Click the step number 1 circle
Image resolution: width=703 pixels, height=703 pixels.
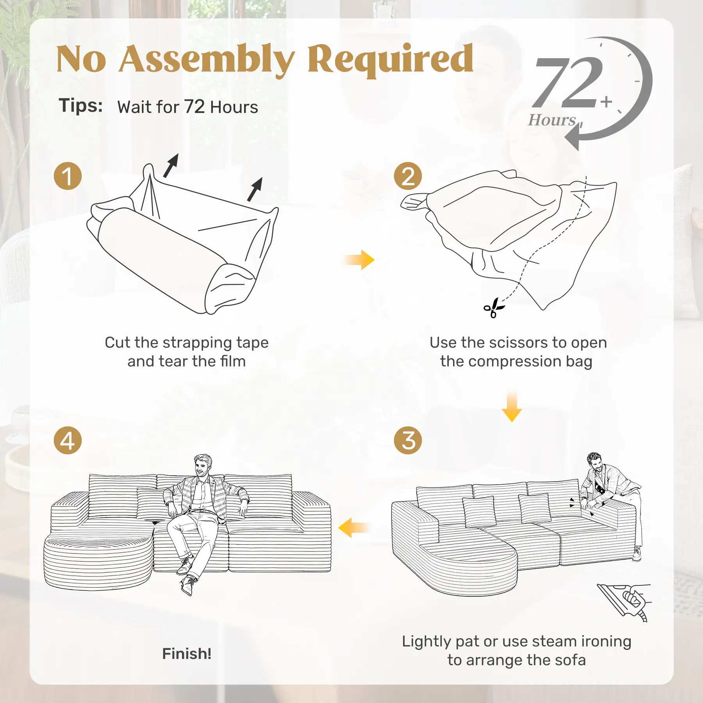coord(68,176)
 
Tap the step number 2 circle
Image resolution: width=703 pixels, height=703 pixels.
coord(408,176)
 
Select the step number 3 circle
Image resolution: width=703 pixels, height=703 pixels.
coord(408,440)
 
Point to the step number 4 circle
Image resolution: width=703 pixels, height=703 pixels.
coord(68,440)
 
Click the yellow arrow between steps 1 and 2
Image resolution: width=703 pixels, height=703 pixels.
coord(360,260)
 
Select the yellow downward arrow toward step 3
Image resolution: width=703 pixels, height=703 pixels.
coord(512,406)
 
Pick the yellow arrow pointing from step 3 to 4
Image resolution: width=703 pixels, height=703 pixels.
coord(353,528)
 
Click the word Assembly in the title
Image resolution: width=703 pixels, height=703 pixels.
coord(207,59)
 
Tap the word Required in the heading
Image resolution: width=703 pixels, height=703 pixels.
coord(391,60)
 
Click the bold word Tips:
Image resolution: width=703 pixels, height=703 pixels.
coord(81,105)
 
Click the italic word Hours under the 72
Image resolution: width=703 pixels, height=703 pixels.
coord(552,120)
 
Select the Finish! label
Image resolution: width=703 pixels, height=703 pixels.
coord(187,653)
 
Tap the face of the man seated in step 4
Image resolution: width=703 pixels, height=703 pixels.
coord(203,466)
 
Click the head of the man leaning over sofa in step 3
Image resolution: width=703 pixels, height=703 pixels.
coord(594,462)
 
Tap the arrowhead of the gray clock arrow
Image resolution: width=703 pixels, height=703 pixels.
coord(572,138)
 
